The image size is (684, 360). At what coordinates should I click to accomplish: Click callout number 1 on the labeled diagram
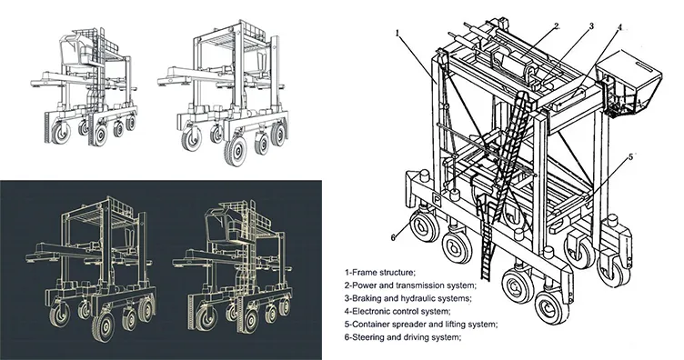point(397,32)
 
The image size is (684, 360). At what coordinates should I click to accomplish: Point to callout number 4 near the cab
point(619,28)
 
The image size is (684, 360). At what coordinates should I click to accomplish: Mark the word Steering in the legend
point(374,337)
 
